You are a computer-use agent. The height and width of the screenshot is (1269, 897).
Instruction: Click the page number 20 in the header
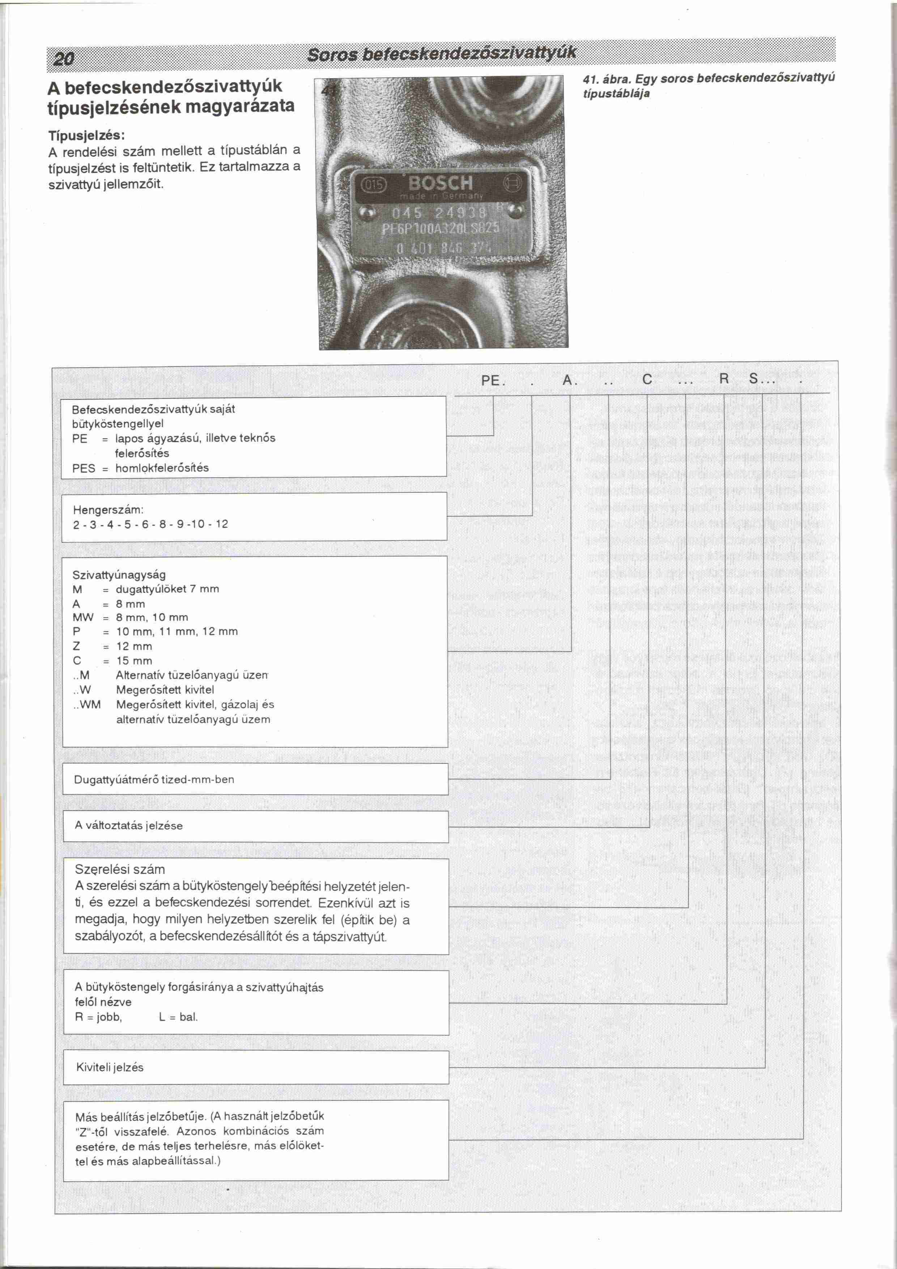click(x=64, y=58)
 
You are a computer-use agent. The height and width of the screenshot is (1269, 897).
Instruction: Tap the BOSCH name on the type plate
click(x=440, y=183)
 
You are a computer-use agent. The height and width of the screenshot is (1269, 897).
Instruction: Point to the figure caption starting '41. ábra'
click(x=708, y=86)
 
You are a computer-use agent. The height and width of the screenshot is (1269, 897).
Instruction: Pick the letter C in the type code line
click(x=647, y=380)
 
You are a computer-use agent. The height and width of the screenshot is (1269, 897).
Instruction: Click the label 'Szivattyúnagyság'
click(x=119, y=575)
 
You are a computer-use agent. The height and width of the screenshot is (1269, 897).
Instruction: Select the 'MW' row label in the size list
click(x=83, y=617)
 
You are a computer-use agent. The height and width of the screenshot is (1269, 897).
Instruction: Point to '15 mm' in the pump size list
click(x=134, y=660)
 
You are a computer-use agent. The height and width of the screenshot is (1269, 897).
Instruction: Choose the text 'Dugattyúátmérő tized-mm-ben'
click(x=154, y=779)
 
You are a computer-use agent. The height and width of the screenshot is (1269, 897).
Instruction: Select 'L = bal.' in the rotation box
click(x=178, y=1016)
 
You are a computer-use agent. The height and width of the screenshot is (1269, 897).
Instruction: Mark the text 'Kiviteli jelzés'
click(x=110, y=1067)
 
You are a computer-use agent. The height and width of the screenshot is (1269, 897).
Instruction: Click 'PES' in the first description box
click(x=84, y=468)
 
